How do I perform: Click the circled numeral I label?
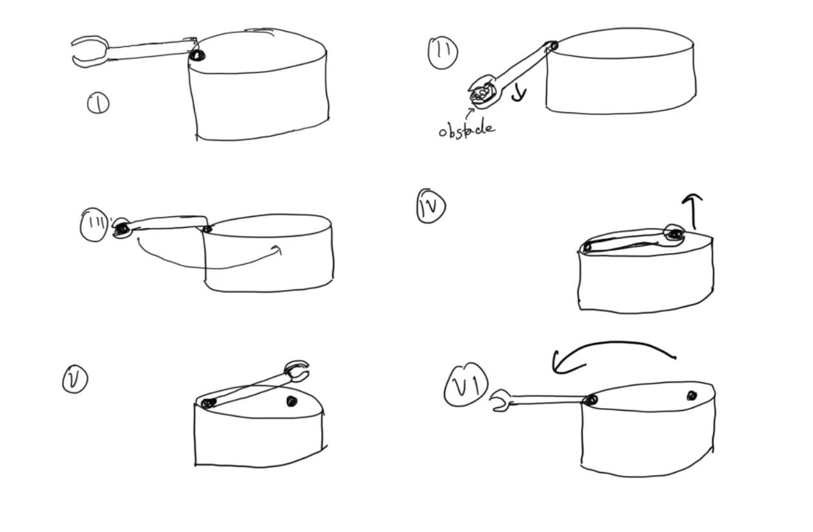(x=98, y=103)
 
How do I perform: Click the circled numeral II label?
(x=443, y=52)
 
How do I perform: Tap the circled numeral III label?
(x=94, y=225)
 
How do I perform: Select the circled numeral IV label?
(x=431, y=205)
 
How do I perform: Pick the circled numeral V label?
(x=75, y=380)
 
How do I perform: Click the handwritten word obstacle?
(x=467, y=130)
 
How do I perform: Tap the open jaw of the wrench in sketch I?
(x=90, y=51)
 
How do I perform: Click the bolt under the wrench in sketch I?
(x=197, y=56)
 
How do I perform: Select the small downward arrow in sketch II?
(x=520, y=94)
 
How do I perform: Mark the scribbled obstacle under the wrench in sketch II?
(x=481, y=94)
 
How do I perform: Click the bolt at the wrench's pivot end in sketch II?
(x=553, y=46)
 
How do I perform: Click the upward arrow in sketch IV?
(x=693, y=211)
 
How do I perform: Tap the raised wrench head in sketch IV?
(x=674, y=233)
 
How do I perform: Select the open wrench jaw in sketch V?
(x=297, y=371)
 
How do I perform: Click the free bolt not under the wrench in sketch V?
(x=291, y=401)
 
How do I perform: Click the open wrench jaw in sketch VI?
(x=500, y=400)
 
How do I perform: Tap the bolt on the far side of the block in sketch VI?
(x=692, y=396)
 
